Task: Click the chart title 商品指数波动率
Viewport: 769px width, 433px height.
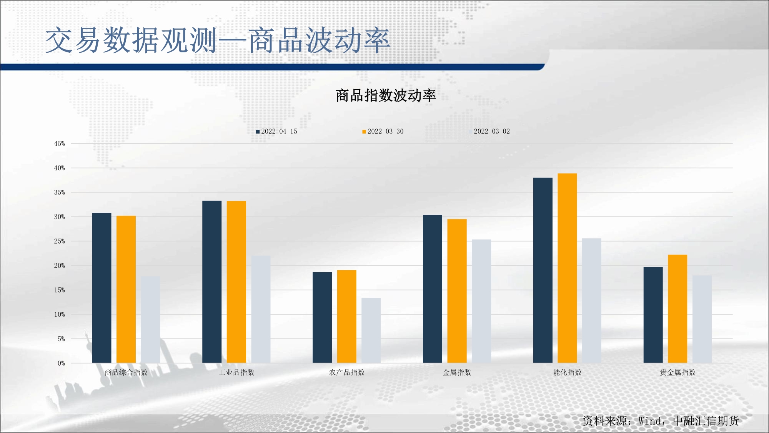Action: click(x=386, y=95)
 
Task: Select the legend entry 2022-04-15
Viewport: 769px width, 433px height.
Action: click(x=276, y=131)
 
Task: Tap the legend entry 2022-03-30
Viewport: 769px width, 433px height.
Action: click(x=383, y=131)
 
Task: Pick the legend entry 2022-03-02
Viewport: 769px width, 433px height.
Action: click(x=489, y=131)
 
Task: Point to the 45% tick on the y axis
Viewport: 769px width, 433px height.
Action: click(x=60, y=144)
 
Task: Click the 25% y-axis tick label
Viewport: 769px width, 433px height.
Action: click(x=60, y=241)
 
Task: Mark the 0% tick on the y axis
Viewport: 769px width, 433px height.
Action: click(x=62, y=363)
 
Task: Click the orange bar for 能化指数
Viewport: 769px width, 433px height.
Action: click(x=567, y=268)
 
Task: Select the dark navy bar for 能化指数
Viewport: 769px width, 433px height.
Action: click(x=543, y=270)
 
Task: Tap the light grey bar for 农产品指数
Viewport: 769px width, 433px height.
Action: click(x=371, y=331)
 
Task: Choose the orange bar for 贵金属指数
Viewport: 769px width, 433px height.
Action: click(x=677, y=309)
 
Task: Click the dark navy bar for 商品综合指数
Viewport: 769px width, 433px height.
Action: click(x=102, y=288)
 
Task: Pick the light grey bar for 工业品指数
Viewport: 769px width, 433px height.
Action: click(x=261, y=309)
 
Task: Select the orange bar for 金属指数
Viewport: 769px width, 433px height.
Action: click(x=457, y=291)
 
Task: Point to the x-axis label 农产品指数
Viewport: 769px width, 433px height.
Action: click(x=347, y=373)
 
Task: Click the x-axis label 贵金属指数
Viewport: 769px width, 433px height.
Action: click(x=678, y=373)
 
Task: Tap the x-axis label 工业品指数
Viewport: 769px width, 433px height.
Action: click(x=236, y=373)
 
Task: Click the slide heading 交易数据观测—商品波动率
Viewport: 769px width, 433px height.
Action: click(x=218, y=40)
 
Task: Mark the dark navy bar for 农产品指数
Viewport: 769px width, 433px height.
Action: click(x=322, y=318)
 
